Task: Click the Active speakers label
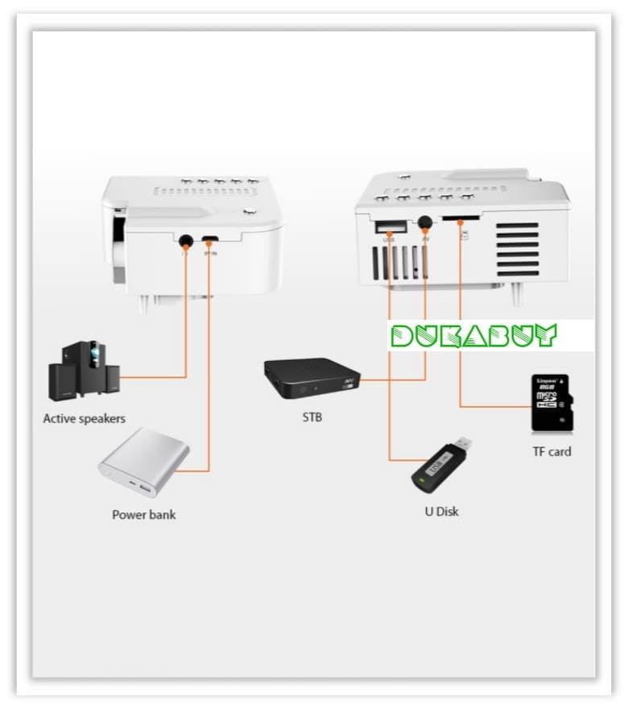point(84,419)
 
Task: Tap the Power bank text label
point(143,514)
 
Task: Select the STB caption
point(312,418)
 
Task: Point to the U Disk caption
point(442,511)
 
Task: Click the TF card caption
point(552,451)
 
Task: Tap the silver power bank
point(144,462)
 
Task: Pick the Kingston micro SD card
point(551,404)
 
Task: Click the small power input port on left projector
point(210,239)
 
